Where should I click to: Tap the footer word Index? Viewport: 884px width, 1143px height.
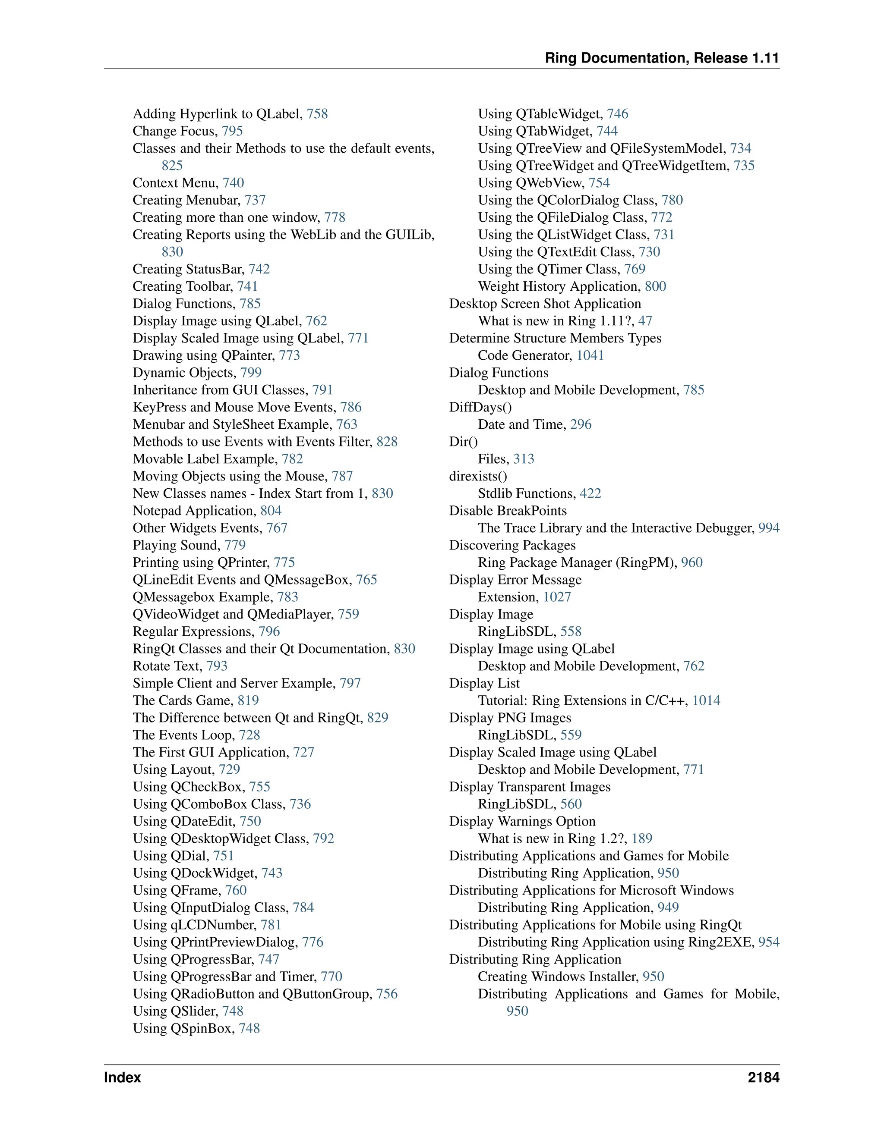pos(122,1077)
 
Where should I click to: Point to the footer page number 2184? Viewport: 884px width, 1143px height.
pos(763,1077)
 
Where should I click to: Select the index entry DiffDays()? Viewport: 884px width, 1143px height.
pos(480,407)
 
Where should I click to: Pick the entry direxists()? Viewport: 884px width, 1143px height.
pos(478,476)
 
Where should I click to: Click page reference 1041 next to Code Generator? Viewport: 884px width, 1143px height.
pos(590,355)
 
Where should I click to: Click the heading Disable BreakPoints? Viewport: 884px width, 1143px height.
pos(508,511)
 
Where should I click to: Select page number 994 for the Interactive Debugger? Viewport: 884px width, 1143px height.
pos(768,528)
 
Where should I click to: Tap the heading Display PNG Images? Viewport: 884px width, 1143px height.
pos(510,718)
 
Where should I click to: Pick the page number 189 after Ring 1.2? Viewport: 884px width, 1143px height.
pos(641,838)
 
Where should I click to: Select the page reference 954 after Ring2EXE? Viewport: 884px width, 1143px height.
pos(768,942)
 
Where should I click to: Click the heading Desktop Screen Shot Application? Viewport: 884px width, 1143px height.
pos(545,304)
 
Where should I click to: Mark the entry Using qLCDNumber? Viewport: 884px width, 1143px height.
pos(194,925)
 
